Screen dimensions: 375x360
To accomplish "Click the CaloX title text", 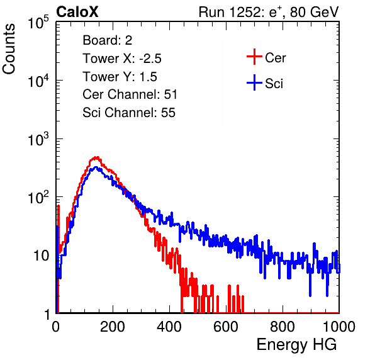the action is pos(77,12).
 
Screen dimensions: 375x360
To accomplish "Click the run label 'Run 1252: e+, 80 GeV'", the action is pos(269,12).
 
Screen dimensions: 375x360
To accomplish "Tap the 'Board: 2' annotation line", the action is pos(107,40).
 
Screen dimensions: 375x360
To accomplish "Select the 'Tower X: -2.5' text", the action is pos(122,59).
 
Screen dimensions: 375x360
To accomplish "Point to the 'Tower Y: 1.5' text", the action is pos(120,77).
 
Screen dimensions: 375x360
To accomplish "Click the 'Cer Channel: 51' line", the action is pos(130,94).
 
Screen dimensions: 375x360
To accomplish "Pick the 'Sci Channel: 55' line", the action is pos(129,113).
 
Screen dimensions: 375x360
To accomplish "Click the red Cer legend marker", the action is pos(254,57).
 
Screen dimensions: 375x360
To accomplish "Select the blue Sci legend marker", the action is pos(254,82).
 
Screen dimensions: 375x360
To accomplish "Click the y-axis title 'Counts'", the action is pos(9,49).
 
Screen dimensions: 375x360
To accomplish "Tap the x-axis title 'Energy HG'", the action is pos(296,344).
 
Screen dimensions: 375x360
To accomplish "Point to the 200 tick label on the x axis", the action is pos(113,327).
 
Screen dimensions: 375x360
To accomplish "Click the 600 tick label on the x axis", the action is pos(226,327).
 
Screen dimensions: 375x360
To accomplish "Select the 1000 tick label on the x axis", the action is pos(339,327).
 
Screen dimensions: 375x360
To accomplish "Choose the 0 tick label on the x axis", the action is pos(55,327).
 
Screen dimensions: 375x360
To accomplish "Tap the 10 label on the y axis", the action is pos(42,256).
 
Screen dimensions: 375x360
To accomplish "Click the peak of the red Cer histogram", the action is pos(96,157).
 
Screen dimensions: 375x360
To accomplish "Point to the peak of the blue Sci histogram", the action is pos(96,167).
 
